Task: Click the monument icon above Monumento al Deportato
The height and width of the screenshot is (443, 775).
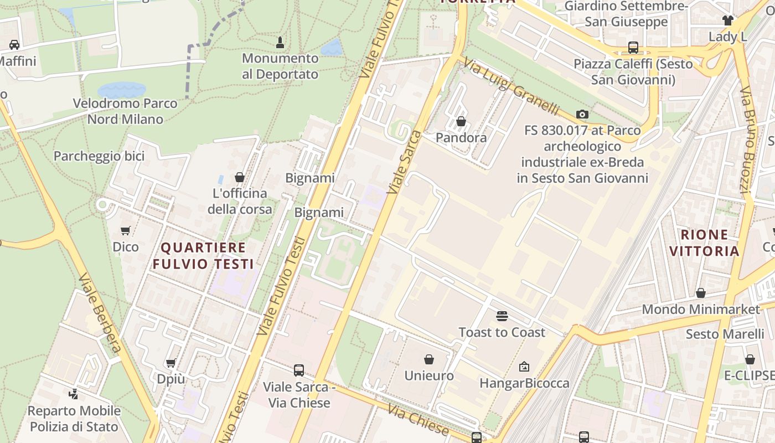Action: click(x=280, y=42)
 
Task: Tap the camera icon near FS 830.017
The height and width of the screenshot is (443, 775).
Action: click(x=582, y=115)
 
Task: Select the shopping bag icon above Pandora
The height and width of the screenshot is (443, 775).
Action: click(x=461, y=121)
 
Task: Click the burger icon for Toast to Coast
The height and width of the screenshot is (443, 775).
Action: click(x=502, y=316)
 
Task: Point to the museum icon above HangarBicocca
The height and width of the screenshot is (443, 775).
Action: click(x=524, y=367)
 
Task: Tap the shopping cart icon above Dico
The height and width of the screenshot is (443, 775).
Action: click(x=126, y=230)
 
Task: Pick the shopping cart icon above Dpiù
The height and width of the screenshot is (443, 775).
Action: click(x=171, y=363)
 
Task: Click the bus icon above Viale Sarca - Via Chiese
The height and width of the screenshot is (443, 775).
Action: click(x=299, y=370)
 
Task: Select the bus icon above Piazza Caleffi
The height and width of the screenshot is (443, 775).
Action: click(x=633, y=48)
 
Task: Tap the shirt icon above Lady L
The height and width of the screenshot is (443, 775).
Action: click(x=727, y=20)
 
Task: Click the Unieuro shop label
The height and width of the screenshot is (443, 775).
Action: click(x=429, y=375)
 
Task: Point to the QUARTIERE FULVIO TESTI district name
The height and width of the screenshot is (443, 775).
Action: click(x=203, y=255)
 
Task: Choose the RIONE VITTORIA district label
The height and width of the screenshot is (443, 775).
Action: click(x=704, y=243)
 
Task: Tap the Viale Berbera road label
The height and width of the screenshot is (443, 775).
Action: click(x=100, y=313)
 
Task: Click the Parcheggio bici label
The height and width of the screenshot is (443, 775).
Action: click(x=99, y=156)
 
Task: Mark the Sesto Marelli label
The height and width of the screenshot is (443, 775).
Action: click(x=725, y=334)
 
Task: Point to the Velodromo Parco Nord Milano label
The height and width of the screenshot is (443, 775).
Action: click(x=125, y=111)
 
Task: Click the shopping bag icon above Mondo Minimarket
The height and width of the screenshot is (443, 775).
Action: click(x=701, y=293)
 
